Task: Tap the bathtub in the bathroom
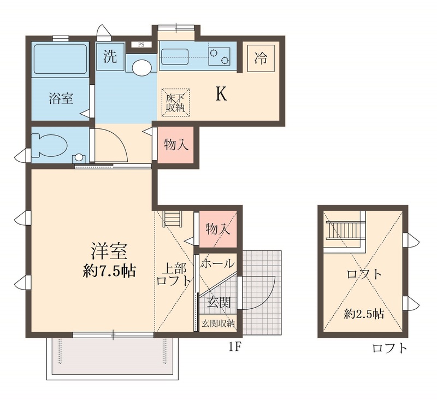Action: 61,60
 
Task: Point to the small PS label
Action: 141,44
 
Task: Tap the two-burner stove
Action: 218,56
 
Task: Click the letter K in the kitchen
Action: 221,95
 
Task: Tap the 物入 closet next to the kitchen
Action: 176,145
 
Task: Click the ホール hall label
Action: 218,264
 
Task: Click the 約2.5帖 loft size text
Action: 363,314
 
